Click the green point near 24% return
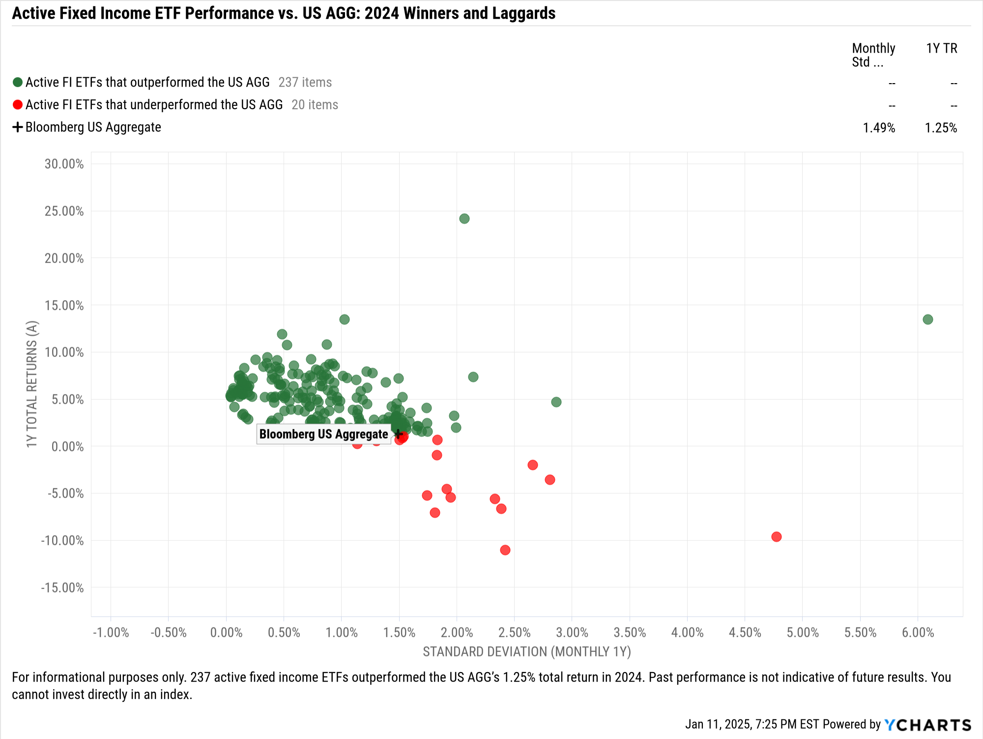(x=464, y=219)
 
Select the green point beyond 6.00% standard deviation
(x=927, y=320)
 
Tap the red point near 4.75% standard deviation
(x=776, y=537)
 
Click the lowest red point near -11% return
(x=505, y=550)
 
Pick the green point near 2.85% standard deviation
(x=556, y=402)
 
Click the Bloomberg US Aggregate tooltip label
(x=323, y=435)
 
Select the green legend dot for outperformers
(x=18, y=82)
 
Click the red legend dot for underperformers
(x=18, y=105)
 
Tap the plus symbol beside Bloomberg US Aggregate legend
(x=18, y=127)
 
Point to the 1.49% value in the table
(x=879, y=128)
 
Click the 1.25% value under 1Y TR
(x=941, y=128)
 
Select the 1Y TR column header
(x=941, y=48)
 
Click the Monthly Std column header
(x=873, y=55)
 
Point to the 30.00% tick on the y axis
(x=64, y=164)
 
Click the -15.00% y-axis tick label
(x=62, y=588)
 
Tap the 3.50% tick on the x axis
(x=630, y=633)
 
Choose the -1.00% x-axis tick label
(x=111, y=633)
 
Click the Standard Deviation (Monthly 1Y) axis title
(x=526, y=652)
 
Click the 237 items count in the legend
(x=305, y=83)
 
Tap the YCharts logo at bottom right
(x=927, y=725)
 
